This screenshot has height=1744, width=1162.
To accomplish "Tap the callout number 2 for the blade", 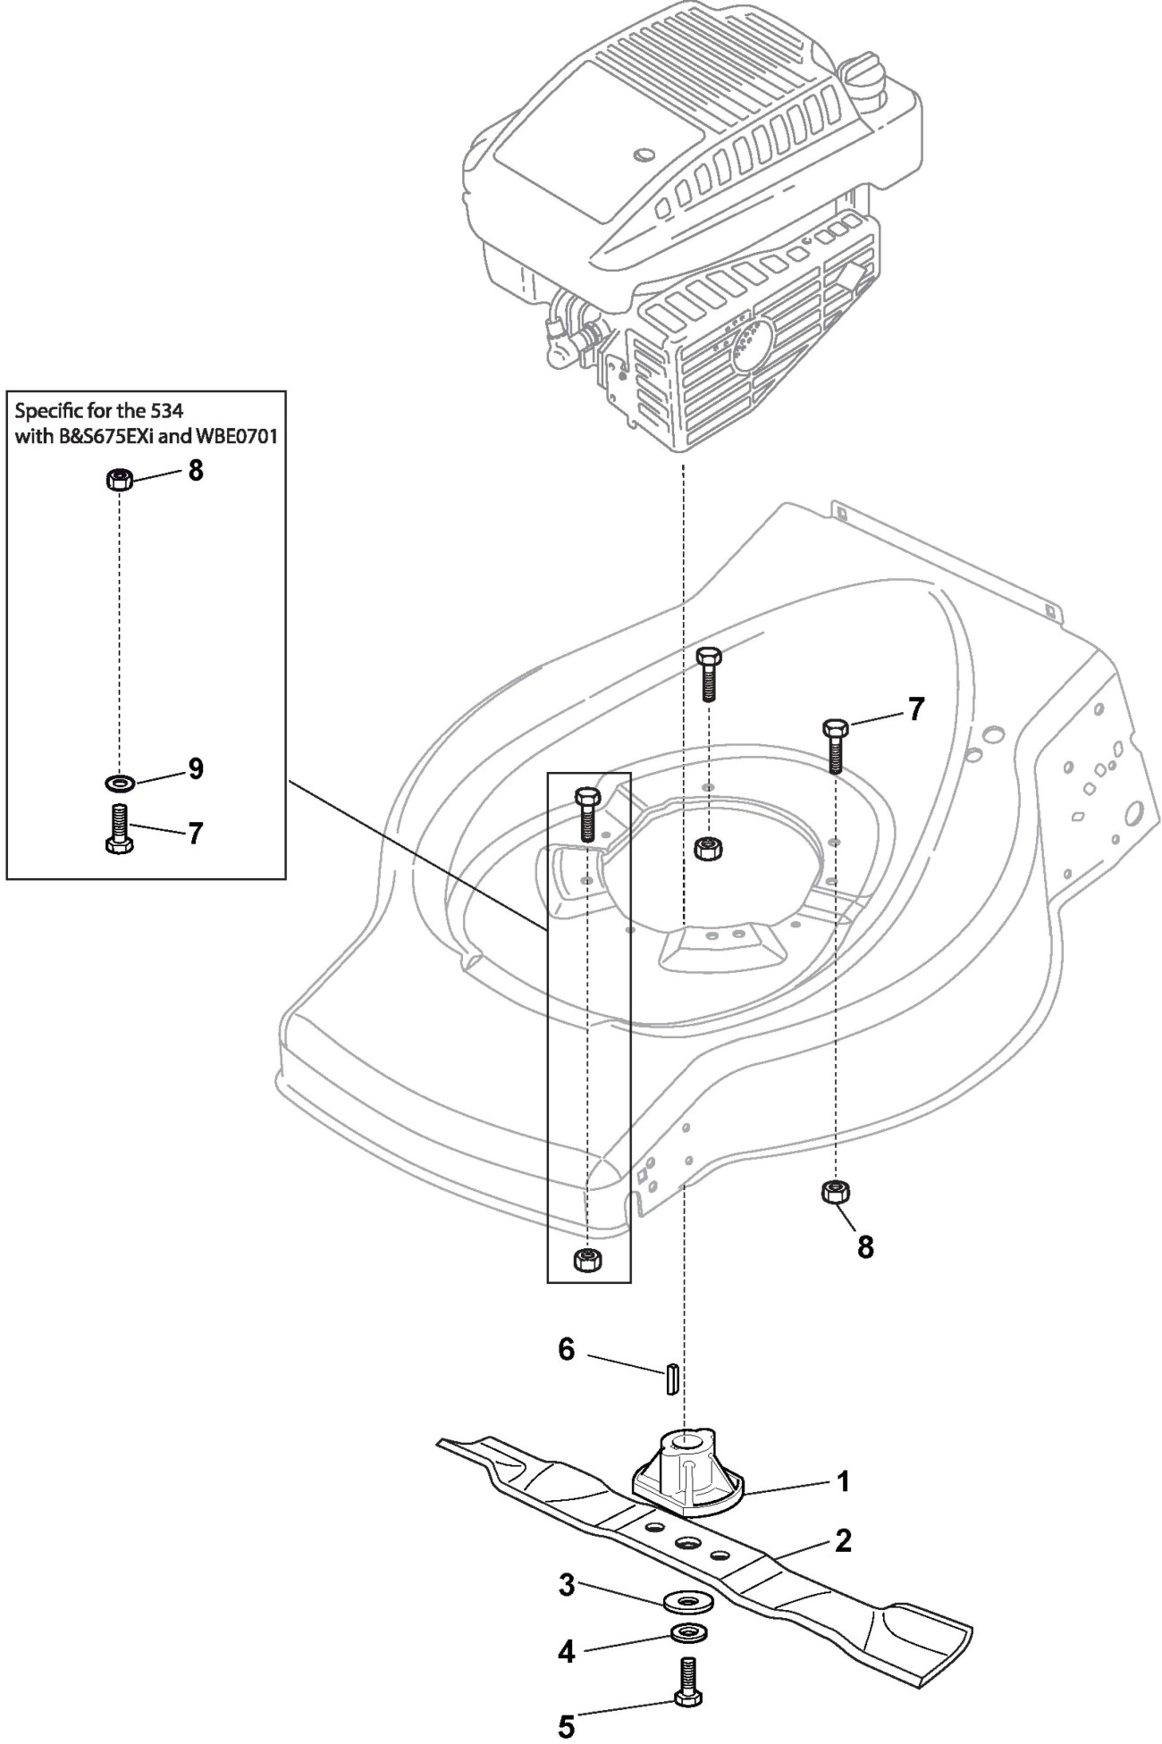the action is click(843, 1541).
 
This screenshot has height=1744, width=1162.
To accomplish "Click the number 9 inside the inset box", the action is click(195, 768).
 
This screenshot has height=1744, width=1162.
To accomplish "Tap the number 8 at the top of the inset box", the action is click(195, 470).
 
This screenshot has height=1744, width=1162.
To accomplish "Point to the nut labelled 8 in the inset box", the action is click(119, 480).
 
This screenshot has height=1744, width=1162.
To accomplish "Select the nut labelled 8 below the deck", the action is click(835, 1192).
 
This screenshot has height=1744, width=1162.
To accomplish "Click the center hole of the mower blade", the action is click(687, 1543).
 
